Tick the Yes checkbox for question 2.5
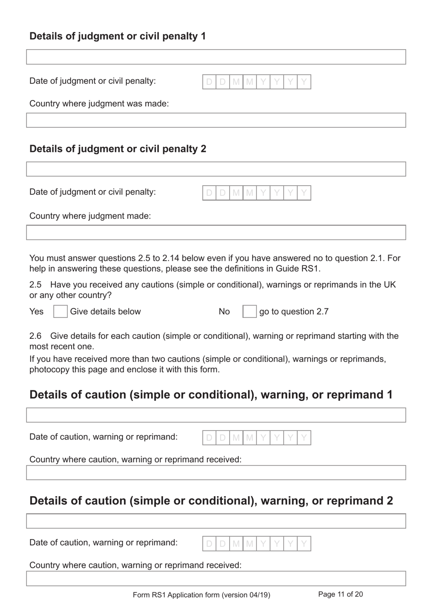(60, 311)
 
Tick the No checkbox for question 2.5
(249, 311)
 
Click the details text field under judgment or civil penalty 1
(216, 57)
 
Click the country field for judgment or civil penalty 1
(216, 120)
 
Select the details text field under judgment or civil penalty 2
(216, 169)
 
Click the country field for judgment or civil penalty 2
(216, 233)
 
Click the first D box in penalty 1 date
(209, 82)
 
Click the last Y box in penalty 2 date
(304, 193)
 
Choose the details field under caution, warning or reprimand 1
(216, 415)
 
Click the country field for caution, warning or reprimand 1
(216, 473)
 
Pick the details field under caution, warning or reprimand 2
(216, 521)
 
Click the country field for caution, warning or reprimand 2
(216, 579)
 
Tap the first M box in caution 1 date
(236, 438)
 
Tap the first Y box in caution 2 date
(263, 544)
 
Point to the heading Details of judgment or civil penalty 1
(118, 36)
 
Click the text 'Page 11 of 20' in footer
(340, 594)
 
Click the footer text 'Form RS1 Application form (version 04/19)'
(201, 595)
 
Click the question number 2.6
(35, 336)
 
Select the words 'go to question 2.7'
(294, 311)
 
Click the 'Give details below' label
(105, 311)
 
